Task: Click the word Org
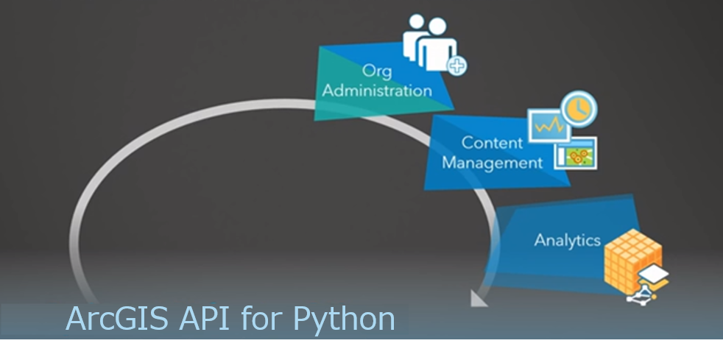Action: tap(376, 71)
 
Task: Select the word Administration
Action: tap(377, 91)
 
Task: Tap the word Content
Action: tap(492, 142)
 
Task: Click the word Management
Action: tap(492, 161)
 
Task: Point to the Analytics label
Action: tap(567, 240)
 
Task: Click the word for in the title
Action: tap(264, 319)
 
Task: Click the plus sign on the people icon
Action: tap(457, 66)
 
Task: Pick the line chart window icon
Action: tap(548, 126)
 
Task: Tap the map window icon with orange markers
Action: tap(576, 153)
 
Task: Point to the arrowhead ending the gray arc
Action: tap(478, 297)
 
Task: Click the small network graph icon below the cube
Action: tap(641, 295)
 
